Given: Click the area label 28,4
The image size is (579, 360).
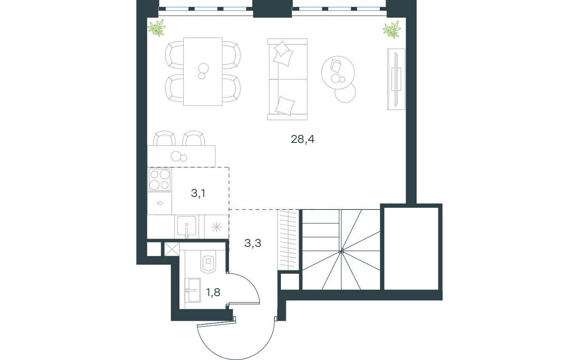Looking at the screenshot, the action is [303, 139].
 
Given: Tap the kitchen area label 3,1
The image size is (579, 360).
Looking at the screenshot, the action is [198, 193].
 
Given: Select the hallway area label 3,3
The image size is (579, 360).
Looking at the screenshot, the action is [253, 243].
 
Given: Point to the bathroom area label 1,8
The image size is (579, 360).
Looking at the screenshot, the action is [213, 292].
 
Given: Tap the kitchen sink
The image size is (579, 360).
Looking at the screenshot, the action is [186, 227].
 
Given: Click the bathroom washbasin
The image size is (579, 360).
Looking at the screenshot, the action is [193, 290].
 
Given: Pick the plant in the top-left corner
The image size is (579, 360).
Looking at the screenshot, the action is [157, 27].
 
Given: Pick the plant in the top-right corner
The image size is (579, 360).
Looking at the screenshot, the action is [392, 30].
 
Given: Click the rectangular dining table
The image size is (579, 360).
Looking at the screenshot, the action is [203, 72].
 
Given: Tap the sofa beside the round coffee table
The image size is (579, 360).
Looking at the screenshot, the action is [287, 79].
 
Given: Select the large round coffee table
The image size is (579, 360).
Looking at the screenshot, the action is [338, 73].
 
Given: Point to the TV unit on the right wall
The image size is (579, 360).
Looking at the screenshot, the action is [396, 79].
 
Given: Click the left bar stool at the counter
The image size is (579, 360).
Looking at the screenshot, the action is [164, 138].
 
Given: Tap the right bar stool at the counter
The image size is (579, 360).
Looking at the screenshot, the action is [193, 138].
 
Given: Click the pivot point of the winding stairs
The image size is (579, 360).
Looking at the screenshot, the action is [341, 251].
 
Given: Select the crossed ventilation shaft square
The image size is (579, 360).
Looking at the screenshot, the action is [172, 249].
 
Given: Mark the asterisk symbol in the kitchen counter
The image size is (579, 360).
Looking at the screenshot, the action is [217, 227].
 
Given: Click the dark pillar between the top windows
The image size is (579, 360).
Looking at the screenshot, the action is [272, 9].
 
